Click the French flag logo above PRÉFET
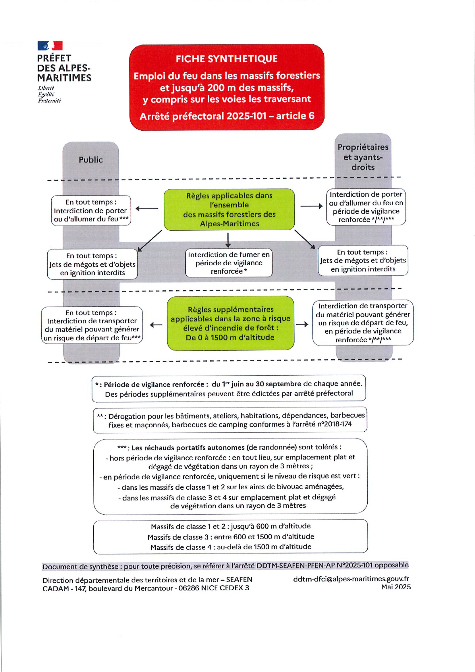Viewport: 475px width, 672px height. pyautogui.click(x=50, y=46)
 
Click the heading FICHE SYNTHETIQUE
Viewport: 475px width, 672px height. pyautogui.click(x=227, y=59)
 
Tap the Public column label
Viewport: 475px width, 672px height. pyautogui.click(x=91, y=160)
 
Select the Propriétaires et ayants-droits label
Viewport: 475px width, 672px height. pyautogui.click(x=363, y=157)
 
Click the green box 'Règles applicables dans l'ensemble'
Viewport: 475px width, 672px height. pyautogui.click(x=229, y=210)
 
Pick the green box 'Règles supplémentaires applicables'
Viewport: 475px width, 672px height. pyautogui.click(x=231, y=323)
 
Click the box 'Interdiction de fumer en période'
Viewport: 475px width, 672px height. pyautogui.click(x=229, y=263)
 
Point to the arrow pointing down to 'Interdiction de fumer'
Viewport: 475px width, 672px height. pyautogui.click(x=228, y=240)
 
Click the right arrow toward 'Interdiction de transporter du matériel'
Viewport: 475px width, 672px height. pyautogui.click(x=303, y=324)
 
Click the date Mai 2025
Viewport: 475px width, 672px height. pyautogui.click(x=396, y=587)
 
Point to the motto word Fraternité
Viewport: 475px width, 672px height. pyautogui.click(x=49, y=101)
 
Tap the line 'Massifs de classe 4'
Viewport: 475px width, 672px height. pyautogui.click(x=231, y=547)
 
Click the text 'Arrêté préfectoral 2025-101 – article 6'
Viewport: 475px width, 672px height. pyautogui.click(x=227, y=116)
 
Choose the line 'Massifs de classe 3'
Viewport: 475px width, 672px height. pyautogui.click(x=231, y=537)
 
